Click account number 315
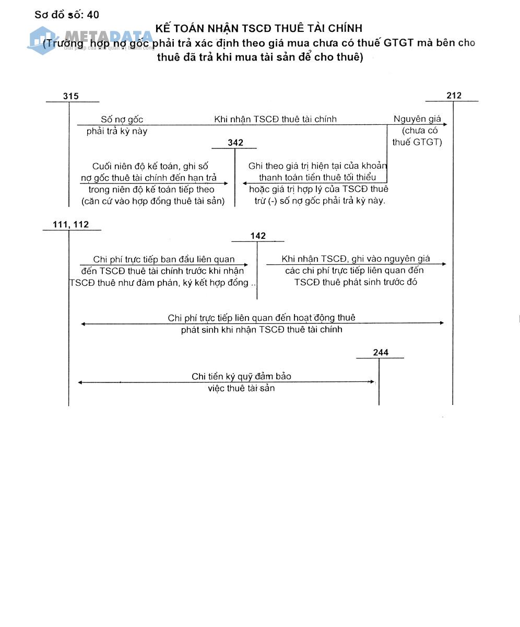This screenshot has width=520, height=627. (70, 96)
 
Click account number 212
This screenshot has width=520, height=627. (454, 95)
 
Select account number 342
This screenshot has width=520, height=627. (235, 143)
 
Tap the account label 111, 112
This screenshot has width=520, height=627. (70, 225)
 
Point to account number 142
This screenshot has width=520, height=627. (258, 236)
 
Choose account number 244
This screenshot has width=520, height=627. (381, 352)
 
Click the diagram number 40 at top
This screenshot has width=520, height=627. (93, 15)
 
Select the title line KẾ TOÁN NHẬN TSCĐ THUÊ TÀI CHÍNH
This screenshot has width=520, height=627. (258, 28)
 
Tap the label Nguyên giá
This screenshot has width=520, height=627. (417, 119)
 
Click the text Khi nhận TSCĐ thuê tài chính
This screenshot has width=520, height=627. (275, 119)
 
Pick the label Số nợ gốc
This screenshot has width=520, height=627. (122, 120)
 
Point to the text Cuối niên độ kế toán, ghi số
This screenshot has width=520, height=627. (150, 166)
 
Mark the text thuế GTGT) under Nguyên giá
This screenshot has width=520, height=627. (417, 142)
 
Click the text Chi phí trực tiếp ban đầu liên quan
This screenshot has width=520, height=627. (163, 259)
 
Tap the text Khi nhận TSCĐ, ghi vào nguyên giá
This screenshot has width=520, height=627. (356, 259)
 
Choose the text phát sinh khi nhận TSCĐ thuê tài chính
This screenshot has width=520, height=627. (262, 329)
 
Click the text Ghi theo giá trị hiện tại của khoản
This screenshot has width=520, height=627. (317, 166)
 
